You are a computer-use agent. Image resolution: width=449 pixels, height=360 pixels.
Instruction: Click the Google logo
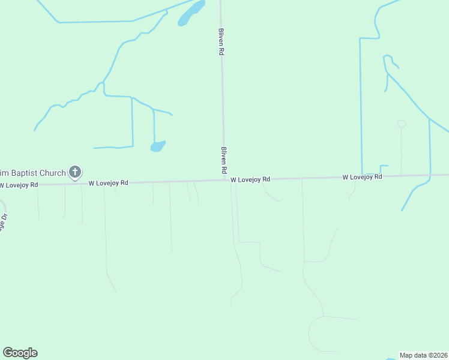click(x=20, y=353)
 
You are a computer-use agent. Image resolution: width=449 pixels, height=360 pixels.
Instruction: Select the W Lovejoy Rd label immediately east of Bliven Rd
click(x=250, y=179)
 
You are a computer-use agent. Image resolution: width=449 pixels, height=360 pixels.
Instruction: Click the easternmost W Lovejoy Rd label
click(x=362, y=177)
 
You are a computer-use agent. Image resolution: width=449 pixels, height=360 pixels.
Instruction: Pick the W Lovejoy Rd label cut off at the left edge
click(x=19, y=184)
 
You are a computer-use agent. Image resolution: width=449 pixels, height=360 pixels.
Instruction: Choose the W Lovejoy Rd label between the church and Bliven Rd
click(x=108, y=182)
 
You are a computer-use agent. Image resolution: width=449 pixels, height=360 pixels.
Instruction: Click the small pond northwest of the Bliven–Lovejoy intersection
click(x=158, y=146)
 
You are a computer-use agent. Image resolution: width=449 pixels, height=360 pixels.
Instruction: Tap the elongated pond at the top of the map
click(x=191, y=13)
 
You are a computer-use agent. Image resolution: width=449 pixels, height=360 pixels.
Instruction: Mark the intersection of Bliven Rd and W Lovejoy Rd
click(x=225, y=179)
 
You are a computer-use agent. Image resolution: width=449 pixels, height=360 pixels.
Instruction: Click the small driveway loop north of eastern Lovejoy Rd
click(x=402, y=124)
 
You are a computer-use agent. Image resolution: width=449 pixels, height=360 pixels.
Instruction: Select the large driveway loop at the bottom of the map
click(x=318, y=334)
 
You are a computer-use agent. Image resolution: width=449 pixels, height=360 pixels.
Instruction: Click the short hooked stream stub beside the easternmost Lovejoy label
click(x=384, y=167)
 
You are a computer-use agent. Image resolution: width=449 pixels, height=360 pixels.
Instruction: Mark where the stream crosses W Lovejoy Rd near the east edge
click(x=430, y=175)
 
